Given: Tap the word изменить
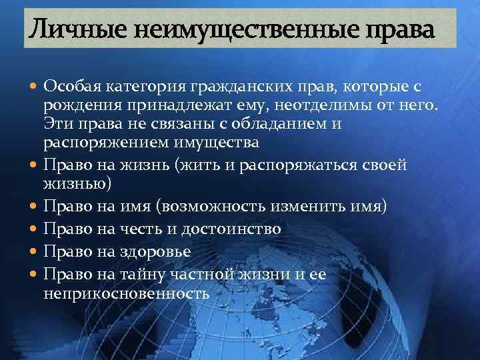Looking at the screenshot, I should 313,207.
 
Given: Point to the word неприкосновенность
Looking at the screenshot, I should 127,291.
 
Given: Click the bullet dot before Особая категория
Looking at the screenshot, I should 33,87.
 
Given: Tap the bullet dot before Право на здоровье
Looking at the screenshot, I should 33,252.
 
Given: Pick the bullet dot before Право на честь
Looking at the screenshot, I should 33,229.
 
